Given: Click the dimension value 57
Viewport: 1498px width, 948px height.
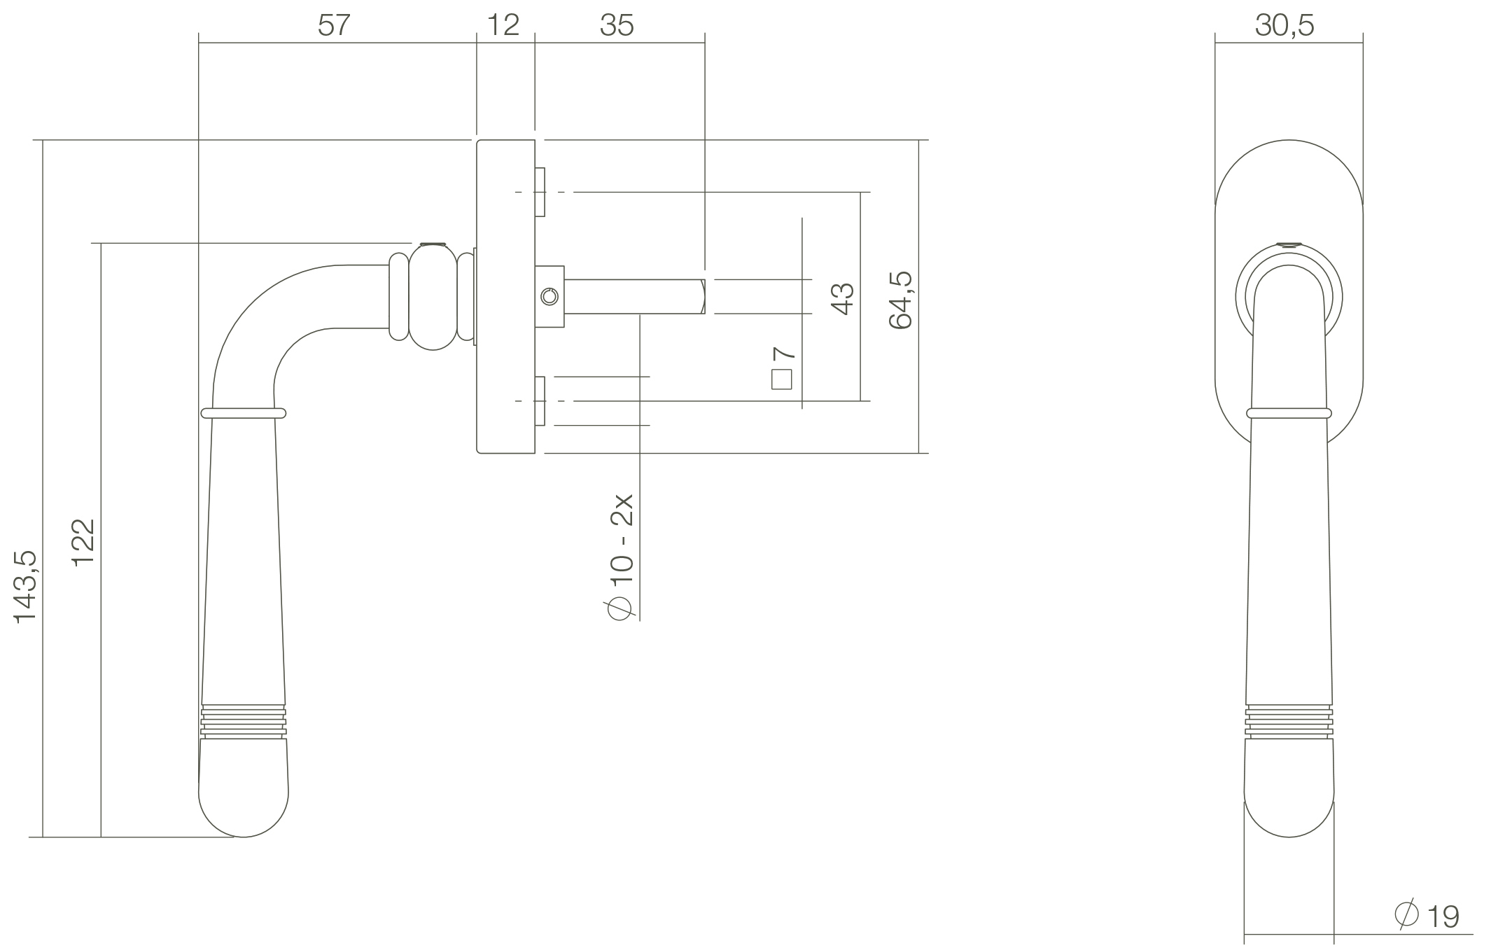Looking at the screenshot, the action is click(x=333, y=25).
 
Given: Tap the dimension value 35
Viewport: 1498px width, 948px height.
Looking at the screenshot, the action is click(x=617, y=25).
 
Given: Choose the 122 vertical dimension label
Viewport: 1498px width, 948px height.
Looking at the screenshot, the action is click(x=83, y=544).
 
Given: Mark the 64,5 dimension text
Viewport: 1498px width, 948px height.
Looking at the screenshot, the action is click(x=900, y=300).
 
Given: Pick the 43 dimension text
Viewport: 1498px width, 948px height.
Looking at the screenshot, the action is click(x=842, y=299).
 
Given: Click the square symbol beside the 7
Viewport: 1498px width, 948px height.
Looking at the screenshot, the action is click(x=782, y=379).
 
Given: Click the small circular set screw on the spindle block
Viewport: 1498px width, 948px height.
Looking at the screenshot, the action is click(x=550, y=297).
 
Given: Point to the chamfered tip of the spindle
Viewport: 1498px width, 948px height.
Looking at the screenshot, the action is click(x=701, y=297).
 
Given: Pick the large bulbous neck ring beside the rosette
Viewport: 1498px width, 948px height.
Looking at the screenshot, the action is click(x=433, y=297).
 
